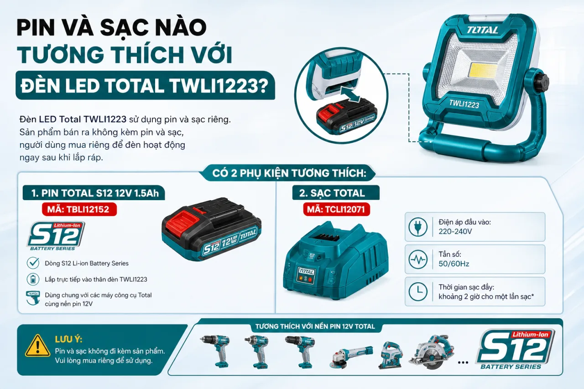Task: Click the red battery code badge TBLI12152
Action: [x=79, y=209]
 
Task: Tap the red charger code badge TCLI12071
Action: [x=336, y=209]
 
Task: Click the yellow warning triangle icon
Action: [x=37, y=346]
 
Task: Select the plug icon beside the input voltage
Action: [x=418, y=227]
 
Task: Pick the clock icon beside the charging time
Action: [x=418, y=291]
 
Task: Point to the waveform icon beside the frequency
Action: [x=418, y=259]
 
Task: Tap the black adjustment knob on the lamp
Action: [x=542, y=83]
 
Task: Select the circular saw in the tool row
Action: [x=432, y=352]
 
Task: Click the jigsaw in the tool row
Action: [x=390, y=355]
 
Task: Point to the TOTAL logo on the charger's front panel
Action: [x=306, y=271]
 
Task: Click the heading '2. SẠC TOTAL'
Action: [x=332, y=193]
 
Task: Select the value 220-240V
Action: [x=455, y=231]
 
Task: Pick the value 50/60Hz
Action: [x=454, y=264]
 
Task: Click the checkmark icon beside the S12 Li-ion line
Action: [x=33, y=263]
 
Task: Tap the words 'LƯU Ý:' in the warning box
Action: [x=68, y=339]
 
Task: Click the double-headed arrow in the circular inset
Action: [x=351, y=94]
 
